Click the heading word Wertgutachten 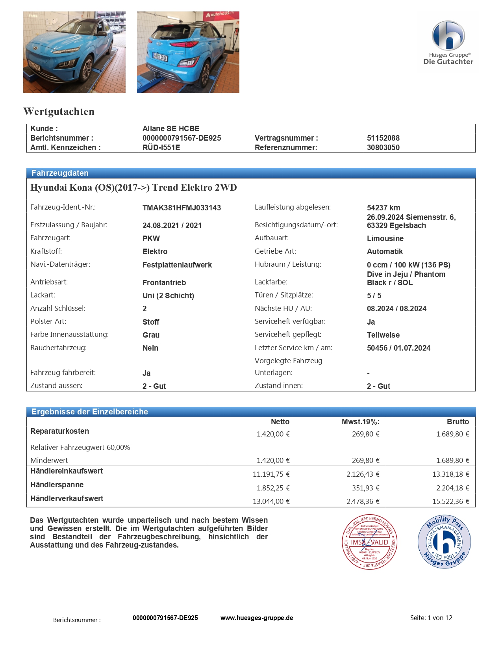(x=59, y=111)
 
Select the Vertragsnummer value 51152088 (x=383, y=138)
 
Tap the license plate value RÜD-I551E (x=161, y=148)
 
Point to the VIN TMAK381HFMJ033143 (x=182, y=208)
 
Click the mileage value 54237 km (x=383, y=208)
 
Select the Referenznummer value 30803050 (x=383, y=148)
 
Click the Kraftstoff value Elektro (x=155, y=252)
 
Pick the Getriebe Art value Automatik (x=385, y=252)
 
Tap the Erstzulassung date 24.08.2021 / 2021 (x=172, y=226)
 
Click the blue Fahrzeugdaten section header (x=251, y=173)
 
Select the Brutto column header (x=458, y=422)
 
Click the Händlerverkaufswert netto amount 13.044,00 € (x=271, y=501)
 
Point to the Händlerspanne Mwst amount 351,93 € (x=365, y=488)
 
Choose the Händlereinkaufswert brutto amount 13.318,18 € (x=450, y=474)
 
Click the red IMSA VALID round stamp (x=369, y=542)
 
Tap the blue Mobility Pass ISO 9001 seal (x=444, y=542)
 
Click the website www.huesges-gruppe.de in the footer (x=257, y=618)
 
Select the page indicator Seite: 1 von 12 (x=431, y=618)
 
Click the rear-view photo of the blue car (x=188, y=52)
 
